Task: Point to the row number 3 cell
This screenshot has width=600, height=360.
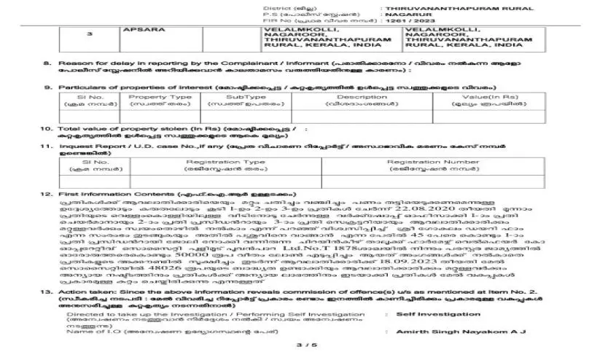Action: pyautogui.click(x=89, y=34)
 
